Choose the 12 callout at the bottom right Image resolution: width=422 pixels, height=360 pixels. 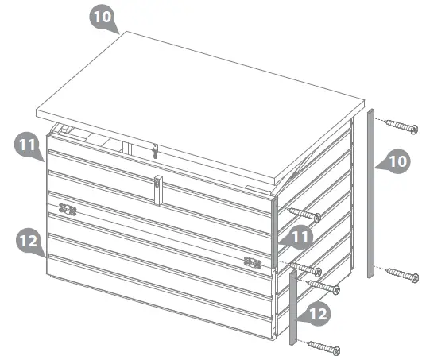(x=316, y=315)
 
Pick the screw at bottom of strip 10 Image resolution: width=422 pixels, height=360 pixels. (x=401, y=275)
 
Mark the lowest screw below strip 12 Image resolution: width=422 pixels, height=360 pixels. (x=323, y=346)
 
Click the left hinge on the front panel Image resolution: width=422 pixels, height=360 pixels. (x=68, y=211)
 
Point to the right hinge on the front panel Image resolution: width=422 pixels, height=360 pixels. (x=253, y=261)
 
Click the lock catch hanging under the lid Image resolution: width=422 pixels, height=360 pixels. (x=156, y=149)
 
